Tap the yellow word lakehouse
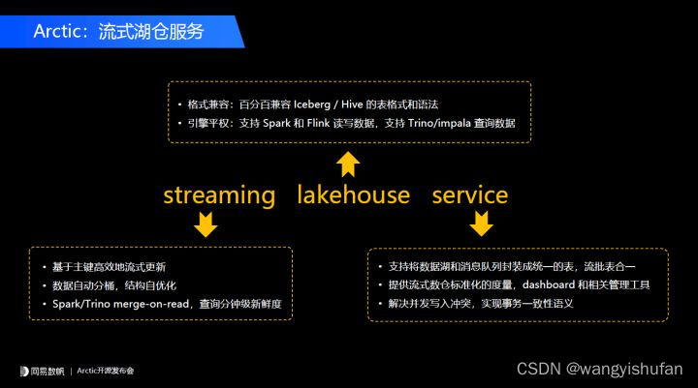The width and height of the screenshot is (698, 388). point(353,195)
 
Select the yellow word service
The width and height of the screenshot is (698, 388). point(469,195)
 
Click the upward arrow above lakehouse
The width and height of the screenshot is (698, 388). point(348,163)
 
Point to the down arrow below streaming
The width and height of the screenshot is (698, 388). point(205,225)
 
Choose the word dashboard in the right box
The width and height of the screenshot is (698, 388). point(551,284)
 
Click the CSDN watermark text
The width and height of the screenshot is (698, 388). point(537,369)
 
